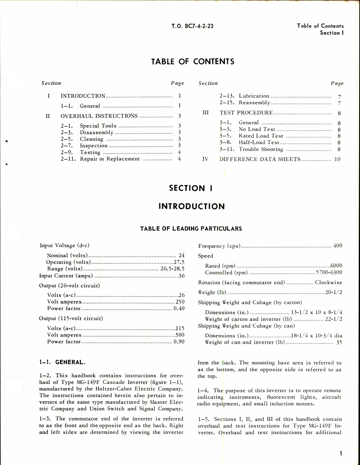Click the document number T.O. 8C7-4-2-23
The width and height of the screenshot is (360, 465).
click(x=192, y=26)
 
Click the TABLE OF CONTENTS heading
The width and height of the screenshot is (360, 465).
click(x=193, y=62)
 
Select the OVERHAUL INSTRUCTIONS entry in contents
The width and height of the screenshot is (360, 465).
click(x=99, y=116)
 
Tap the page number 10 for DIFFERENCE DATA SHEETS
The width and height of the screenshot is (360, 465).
click(x=337, y=159)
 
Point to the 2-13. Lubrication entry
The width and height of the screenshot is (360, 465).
click(x=244, y=96)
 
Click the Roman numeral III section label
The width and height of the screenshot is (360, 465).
click(x=206, y=112)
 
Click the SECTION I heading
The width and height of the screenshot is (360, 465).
click(x=191, y=188)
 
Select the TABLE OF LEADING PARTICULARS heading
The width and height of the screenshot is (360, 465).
click(x=191, y=229)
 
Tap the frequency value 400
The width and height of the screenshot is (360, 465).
click(x=337, y=246)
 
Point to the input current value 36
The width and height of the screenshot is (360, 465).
click(x=182, y=276)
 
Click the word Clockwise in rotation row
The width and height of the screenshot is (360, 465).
click(x=328, y=283)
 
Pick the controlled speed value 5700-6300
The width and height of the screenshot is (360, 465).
click(x=329, y=272)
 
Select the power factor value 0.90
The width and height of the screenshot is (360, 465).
click(x=179, y=342)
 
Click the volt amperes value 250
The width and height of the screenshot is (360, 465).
click(x=180, y=302)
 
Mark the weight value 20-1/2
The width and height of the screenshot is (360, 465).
click(x=334, y=292)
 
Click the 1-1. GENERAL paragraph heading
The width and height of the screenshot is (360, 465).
click(x=62, y=362)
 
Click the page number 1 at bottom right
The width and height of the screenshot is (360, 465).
click(x=341, y=453)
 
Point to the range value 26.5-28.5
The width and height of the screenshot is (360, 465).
click(x=172, y=269)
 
